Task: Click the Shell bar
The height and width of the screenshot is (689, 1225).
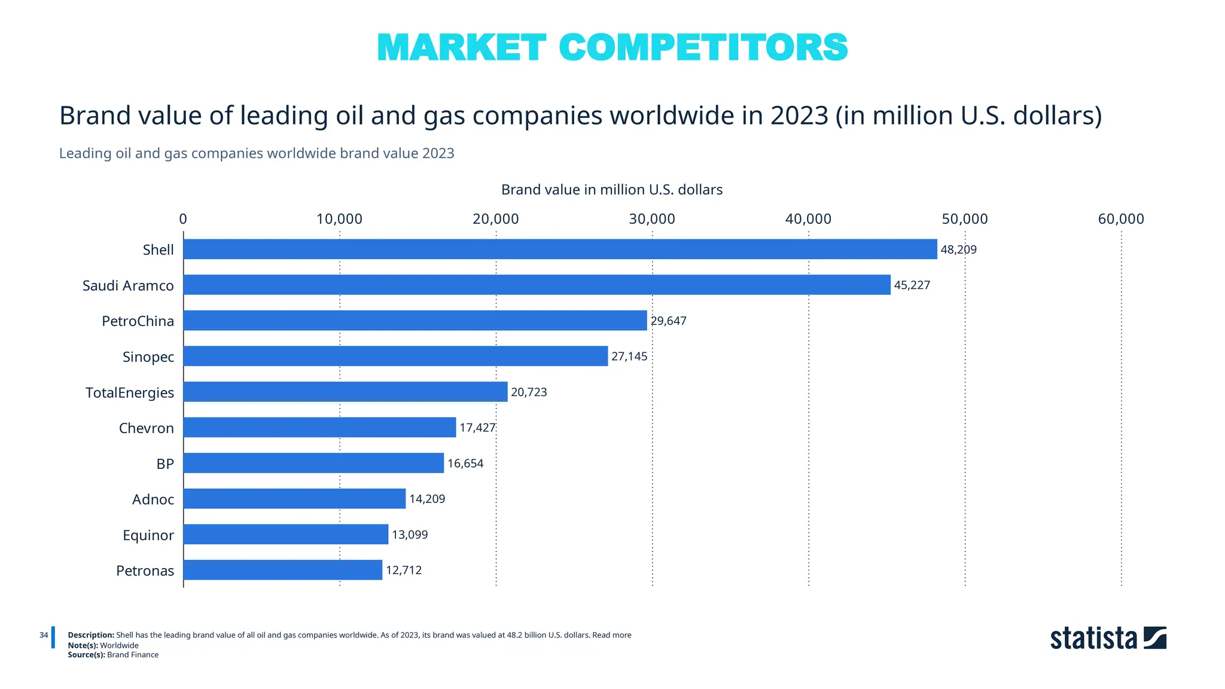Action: (x=560, y=249)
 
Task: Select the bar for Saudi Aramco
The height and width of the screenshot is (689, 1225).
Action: (x=537, y=285)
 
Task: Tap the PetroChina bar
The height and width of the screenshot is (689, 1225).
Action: (x=415, y=320)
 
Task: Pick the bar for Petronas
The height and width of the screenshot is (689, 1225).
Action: (x=282, y=569)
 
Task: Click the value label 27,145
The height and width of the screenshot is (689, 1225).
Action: (x=629, y=356)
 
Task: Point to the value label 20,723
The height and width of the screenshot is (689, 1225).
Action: (x=529, y=392)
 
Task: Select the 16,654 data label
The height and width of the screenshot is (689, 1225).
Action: (x=465, y=464)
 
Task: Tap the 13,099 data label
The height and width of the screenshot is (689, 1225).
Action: (x=410, y=535)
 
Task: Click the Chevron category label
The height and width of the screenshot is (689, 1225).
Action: (x=147, y=428)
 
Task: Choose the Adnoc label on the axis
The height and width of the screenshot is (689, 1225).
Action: (x=153, y=499)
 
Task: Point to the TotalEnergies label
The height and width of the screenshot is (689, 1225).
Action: (x=130, y=393)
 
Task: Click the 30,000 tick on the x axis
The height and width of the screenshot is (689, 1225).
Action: (x=652, y=219)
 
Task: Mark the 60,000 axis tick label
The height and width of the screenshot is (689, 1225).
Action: (x=1121, y=219)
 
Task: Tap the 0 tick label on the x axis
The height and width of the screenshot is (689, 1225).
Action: (x=183, y=219)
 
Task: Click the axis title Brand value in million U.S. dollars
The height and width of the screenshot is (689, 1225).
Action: (x=612, y=190)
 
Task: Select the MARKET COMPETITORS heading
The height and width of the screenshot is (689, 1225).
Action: (x=612, y=47)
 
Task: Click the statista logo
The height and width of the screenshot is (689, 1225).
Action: (x=1108, y=638)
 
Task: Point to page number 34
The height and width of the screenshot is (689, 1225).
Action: (x=44, y=635)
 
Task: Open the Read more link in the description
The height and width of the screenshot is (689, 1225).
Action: (x=612, y=635)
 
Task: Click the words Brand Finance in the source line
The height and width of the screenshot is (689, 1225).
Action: (x=133, y=655)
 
